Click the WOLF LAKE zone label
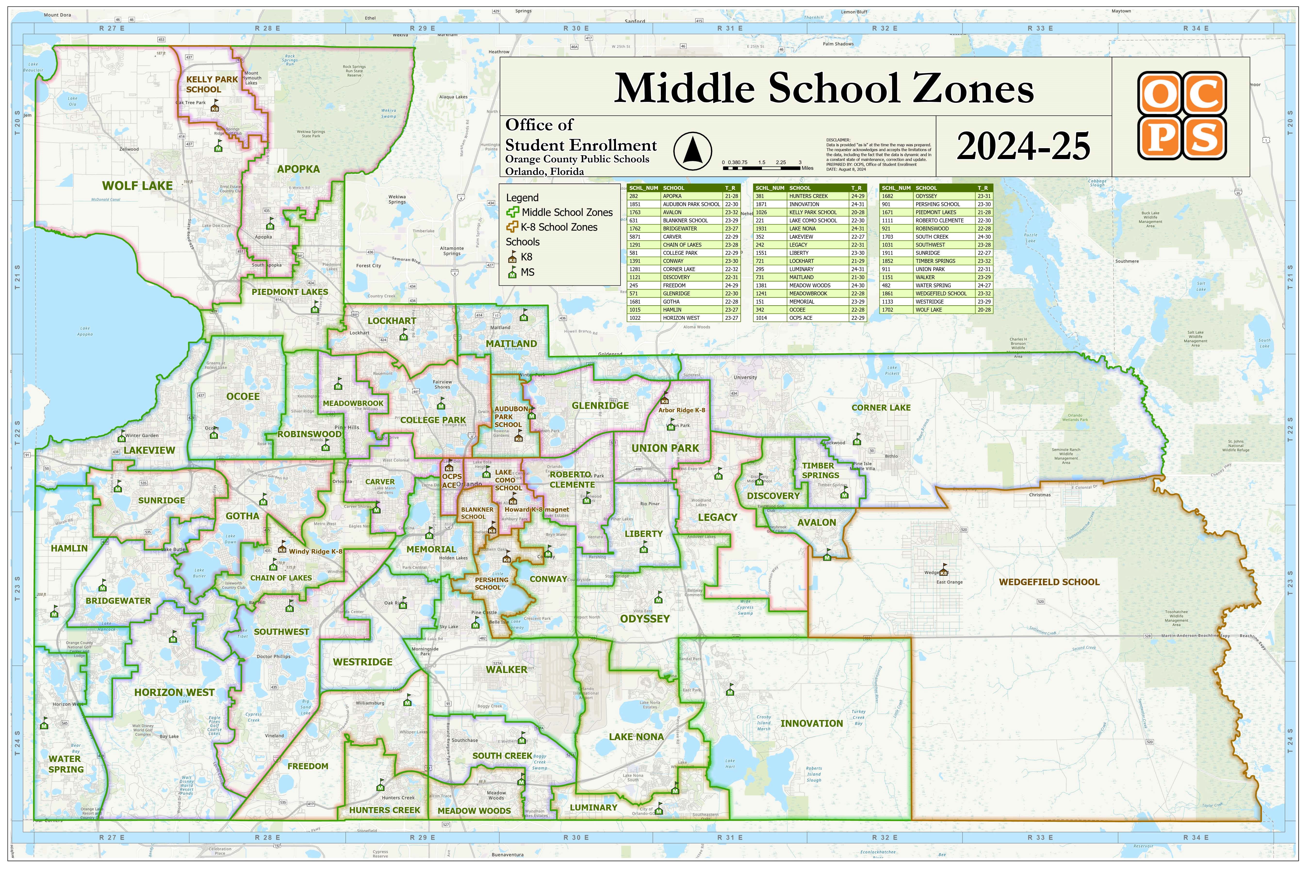point(137,186)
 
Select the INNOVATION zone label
point(811,724)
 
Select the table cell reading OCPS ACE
point(800,318)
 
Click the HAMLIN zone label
point(69,549)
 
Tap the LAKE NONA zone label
point(636,737)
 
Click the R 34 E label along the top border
point(1196,28)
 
